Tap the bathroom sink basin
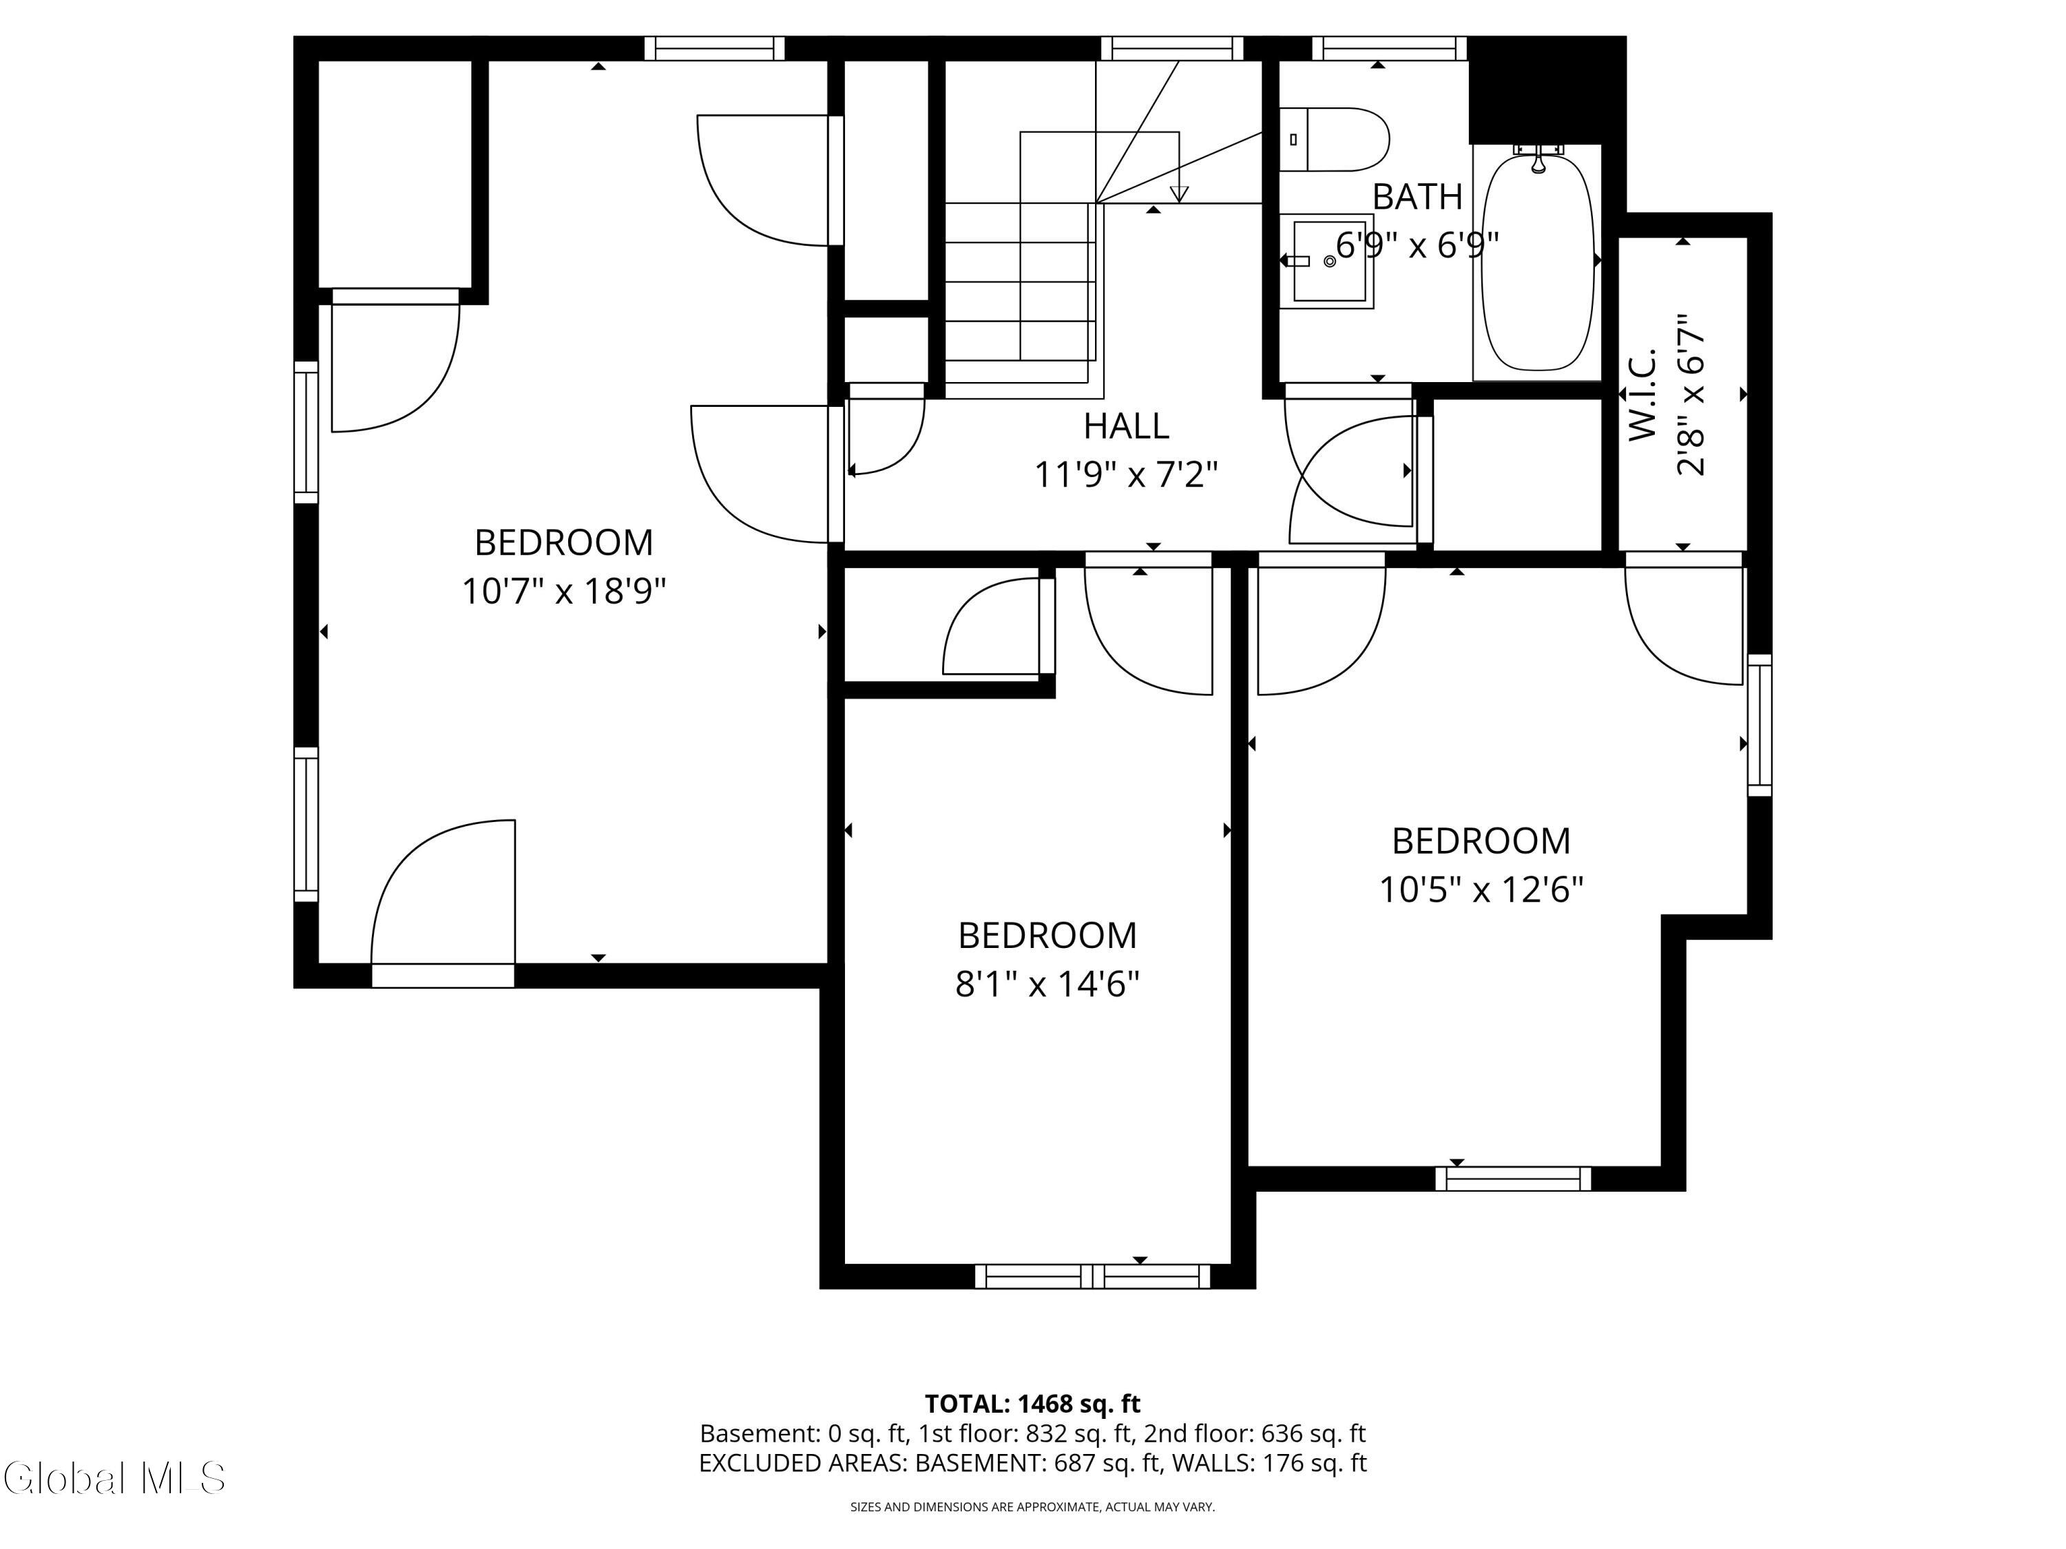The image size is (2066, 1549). [x=1329, y=262]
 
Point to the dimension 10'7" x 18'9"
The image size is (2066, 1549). [x=564, y=591]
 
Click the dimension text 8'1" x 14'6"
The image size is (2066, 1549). [x=1047, y=984]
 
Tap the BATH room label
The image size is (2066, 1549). [x=1417, y=197]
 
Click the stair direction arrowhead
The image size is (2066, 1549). [x=1179, y=194]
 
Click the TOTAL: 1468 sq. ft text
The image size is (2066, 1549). [x=1032, y=1403]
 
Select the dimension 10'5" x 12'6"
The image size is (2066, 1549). [x=1481, y=889]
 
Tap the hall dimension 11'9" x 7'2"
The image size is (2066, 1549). [x=1125, y=475]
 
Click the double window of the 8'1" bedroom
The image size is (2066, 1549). [x=1093, y=1276]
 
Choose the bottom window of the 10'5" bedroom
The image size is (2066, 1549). [x=1512, y=1179]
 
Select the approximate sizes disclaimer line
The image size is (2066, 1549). [x=1032, y=1506]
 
